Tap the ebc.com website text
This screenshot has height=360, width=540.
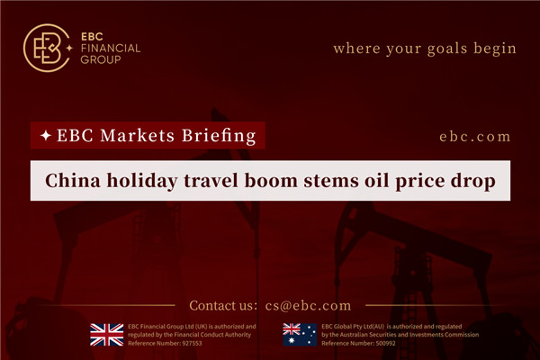tap(475, 137)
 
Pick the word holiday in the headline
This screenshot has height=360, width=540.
tap(144, 183)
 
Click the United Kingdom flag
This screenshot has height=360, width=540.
tap(106, 334)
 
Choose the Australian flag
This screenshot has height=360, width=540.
tap(297, 334)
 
